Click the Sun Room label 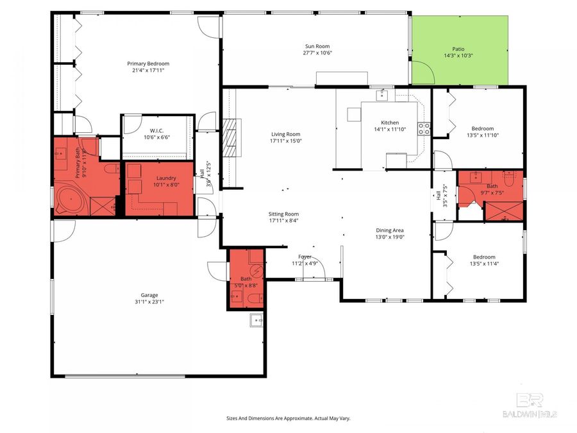(x=317, y=46)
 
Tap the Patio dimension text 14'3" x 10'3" (x=458, y=56)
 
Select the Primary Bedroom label (x=148, y=64)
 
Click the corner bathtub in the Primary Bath (x=71, y=201)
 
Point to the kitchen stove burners (x=424, y=128)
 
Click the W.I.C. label (x=157, y=131)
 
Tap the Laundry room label (x=166, y=178)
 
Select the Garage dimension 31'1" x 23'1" (x=149, y=302)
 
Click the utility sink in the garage (x=256, y=320)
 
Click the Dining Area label (x=390, y=230)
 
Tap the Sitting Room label (x=283, y=214)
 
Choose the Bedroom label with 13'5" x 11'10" (x=482, y=128)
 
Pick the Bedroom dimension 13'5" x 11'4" (x=484, y=264)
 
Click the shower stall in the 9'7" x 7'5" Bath (x=505, y=211)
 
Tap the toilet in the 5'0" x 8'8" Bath (x=255, y=297)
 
